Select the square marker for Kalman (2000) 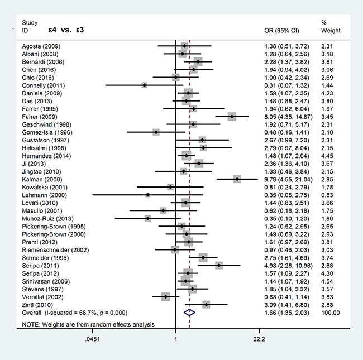(237, 179)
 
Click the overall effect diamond (189, 313)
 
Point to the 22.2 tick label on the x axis (259, 339)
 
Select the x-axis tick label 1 (176, 339)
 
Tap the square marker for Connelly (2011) (144, 85)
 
